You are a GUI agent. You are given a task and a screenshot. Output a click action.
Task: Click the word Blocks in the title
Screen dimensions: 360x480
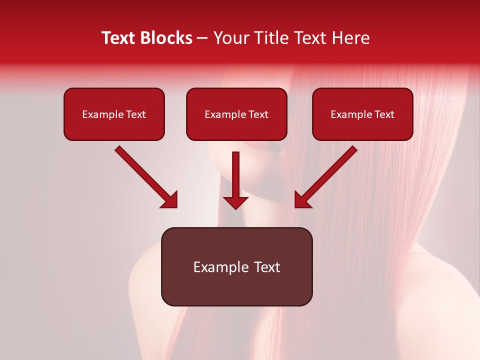[167, 38]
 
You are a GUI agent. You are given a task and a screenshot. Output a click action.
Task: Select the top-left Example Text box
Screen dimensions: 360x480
[114, 114]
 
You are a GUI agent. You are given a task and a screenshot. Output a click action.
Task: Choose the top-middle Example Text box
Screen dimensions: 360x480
[236, 114]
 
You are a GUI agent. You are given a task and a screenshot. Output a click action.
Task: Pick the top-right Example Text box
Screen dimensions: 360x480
[362, 114]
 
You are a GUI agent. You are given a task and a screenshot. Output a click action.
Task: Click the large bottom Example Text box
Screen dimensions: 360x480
[236, 267]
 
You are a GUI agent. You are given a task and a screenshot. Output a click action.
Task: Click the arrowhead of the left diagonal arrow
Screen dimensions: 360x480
[169, 200]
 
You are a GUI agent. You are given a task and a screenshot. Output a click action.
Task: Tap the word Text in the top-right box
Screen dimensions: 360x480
[384, 114]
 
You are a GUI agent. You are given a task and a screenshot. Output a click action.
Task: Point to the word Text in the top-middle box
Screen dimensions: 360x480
[258, 114]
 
